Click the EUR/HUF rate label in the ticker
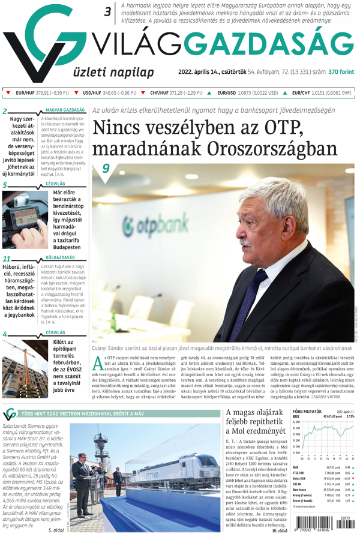click(x=26, y=93)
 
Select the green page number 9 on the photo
click(x=106, y=168)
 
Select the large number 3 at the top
click(x=109, y=10)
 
